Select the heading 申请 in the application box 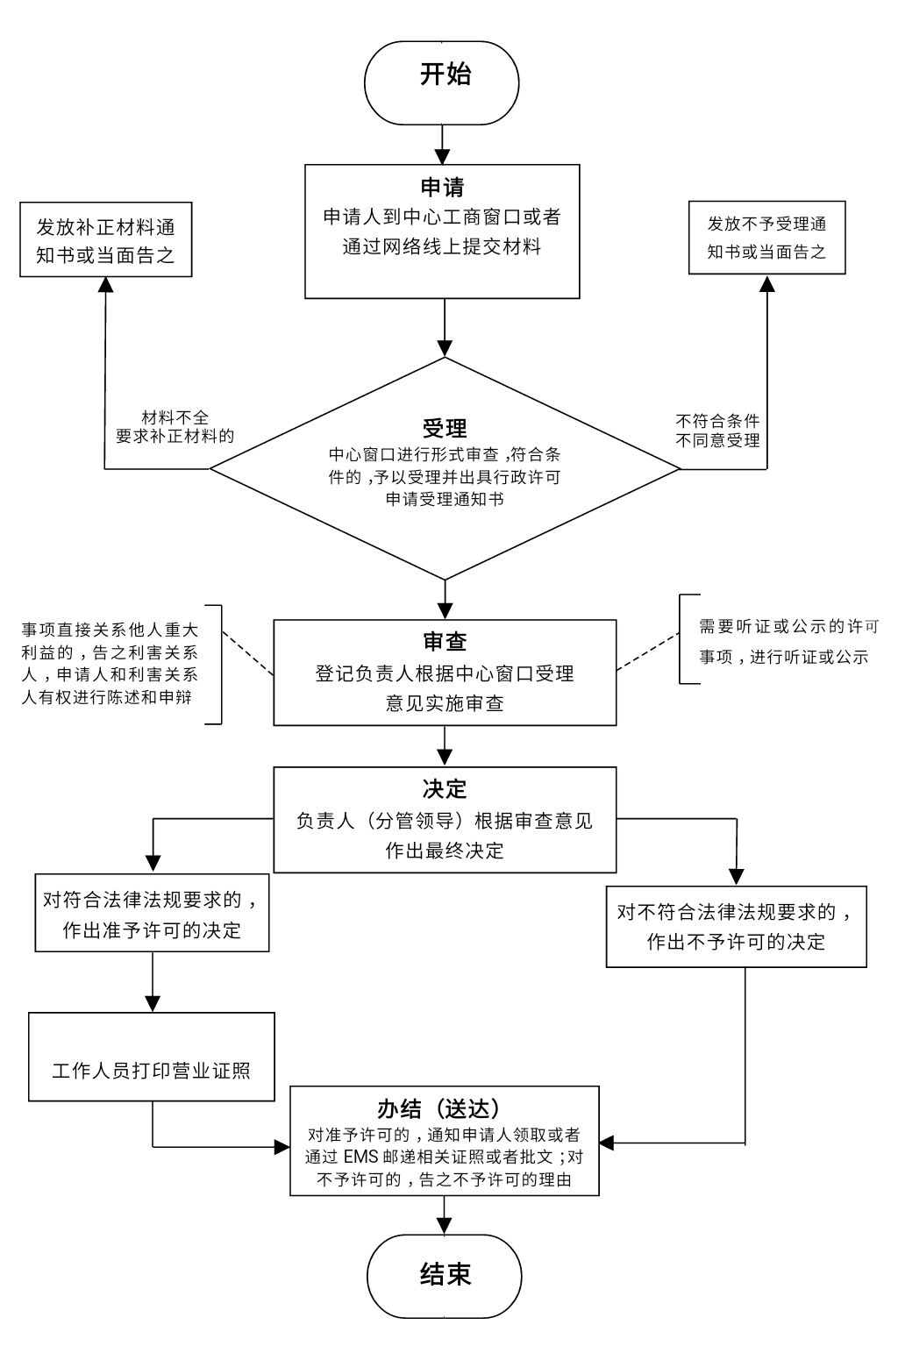click(442, 187)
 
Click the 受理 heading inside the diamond click(445, 429)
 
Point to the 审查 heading click(445, 641)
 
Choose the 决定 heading click(445, 788)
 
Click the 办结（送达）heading click(445, 1108)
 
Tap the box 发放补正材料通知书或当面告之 click(106, 240)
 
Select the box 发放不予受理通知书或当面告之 click(766, 238)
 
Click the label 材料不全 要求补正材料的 click(175, 427)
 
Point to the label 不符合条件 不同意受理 click(717, 431)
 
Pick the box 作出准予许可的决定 click(152, 913)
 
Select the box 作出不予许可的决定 click(736, 927)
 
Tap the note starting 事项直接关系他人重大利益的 click(110, 664)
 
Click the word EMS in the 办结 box click(360, 1157)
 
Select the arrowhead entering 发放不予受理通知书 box click(767, 283)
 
